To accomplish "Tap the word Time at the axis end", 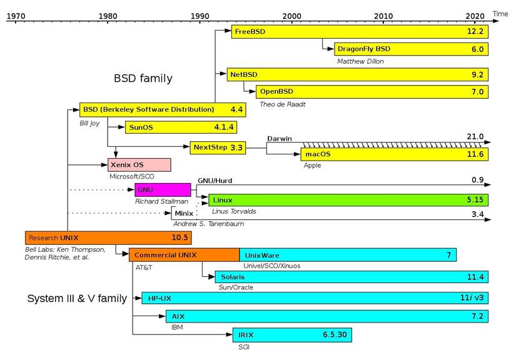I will pyautogui.click(x=500, y=13).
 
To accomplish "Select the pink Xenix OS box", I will pyautogui.click(x=139, y=165).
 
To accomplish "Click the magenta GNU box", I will pyautogui.click(x=163, y=190).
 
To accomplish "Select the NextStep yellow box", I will pyautogui.click(x=218, y=147).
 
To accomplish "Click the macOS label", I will pyautogui.click(x=318, y=154).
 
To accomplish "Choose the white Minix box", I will pyautogui.click(x=185, y=213).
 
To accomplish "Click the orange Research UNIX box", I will pyautogui.click(x=108, y=238).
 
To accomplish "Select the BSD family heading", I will pyautogui.click(x=143, y=79).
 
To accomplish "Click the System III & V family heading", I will pyautogui.click(x=76, y=298).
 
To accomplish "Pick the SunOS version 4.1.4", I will pyautogui.click(x=224, y=127).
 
